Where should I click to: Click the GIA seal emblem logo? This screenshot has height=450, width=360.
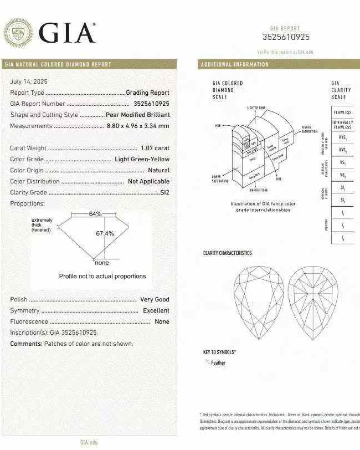point(18,33)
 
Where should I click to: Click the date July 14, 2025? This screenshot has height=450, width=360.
point(29,81)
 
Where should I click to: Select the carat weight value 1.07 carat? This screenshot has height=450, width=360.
point(155,148)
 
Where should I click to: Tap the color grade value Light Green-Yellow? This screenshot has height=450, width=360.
point(142,159)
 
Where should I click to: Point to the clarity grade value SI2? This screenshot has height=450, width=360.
point(164,192)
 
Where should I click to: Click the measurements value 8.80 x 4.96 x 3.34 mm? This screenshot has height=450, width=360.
point(138,126)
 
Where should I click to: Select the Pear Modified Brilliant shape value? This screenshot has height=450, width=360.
point(137,115)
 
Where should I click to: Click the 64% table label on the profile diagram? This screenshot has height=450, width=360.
point(95,214)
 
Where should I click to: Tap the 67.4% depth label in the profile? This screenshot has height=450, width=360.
point(105,234)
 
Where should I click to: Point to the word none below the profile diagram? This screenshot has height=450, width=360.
point(102,263)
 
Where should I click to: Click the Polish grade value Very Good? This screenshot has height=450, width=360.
point(155,299)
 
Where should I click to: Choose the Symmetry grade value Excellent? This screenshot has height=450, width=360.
point(156,310)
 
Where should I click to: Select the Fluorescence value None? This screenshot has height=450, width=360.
point(162,321)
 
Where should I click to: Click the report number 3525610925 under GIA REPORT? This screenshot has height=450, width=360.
point(286,37)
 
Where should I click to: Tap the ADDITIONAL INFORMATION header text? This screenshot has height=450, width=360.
point(234,64)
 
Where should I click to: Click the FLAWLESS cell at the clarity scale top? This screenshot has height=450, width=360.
point(342,113)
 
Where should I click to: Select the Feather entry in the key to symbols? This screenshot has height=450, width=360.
point(218,363)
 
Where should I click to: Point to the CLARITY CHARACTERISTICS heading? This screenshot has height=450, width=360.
point(227,253)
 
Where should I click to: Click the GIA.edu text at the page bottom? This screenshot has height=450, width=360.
point(89,442)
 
